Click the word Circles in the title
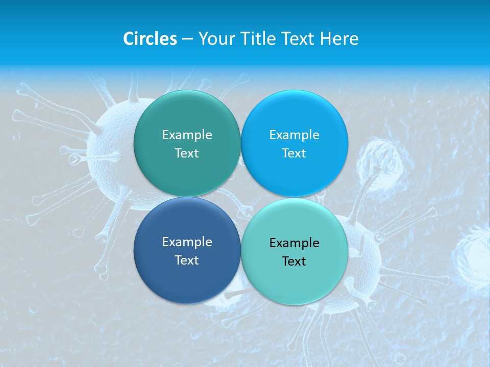tap(150, 39)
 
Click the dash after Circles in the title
tap(187, 39)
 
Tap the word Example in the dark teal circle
tap(187, 135)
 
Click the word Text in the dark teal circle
tap(187, 153)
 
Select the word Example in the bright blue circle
tap(294, 135)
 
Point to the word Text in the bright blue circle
tap(294, 153)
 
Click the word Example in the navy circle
tap(187, 242)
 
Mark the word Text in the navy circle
tap(187, 260)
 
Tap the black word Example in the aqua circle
tap(294, 243)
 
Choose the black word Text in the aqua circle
tap(294, 261)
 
